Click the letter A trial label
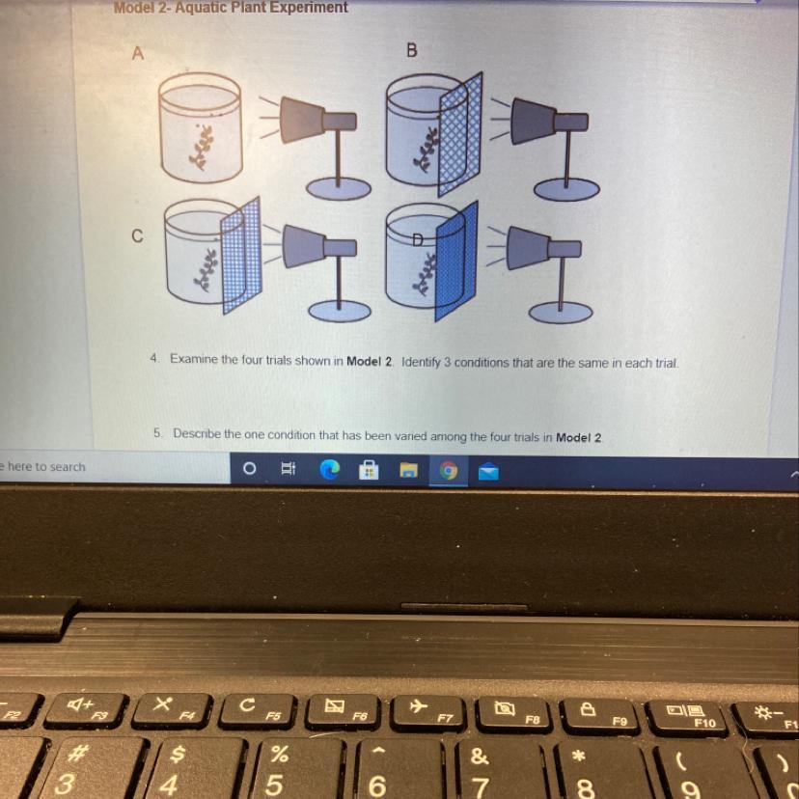point(138,53)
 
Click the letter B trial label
point(412,50)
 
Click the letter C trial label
point(137,235)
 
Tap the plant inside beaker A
point(202,147)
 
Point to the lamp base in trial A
point(339,189)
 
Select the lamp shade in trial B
point(533,122)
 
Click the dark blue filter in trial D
point(456,261)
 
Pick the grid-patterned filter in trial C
point(241,255)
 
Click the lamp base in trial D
point(561,312)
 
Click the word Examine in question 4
point(194,359)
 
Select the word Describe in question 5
point(197,433)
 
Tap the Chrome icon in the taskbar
point(449,470)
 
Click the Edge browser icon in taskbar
point(330,469)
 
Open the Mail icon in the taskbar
point(488,471)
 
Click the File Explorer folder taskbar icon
point(409,470)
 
